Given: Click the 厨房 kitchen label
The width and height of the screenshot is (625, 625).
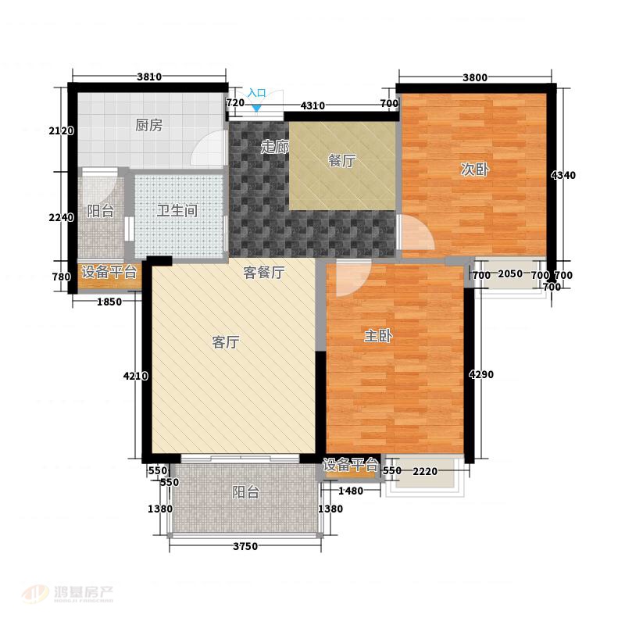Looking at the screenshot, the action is (x=148, y=125).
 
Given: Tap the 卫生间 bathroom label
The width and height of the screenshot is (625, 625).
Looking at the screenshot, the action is (x=177, y=210).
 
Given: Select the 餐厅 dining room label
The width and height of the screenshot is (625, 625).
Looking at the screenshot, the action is (x=341, y=161).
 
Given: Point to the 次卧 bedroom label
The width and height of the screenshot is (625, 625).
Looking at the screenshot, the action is (x=474, y=170).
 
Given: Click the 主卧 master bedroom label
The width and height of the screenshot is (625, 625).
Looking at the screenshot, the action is (x=378, y=336).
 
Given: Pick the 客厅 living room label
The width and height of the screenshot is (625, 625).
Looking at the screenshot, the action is (x=226, y=342).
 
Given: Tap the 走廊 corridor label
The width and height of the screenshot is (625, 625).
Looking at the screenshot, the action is (x=275, y=147).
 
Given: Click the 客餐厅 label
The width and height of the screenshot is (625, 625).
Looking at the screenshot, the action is (x=264, y=273).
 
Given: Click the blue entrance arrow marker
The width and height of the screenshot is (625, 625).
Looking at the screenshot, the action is (x=257, y=107).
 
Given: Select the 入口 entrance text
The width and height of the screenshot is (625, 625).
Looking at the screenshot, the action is (x=257, y=93).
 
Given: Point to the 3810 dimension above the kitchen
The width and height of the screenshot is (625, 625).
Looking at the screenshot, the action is (x=149, y=77).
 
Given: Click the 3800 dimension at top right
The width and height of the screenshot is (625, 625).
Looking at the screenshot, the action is (x=475, y=77).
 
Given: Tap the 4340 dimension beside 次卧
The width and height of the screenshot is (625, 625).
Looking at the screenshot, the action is (x=563, y=175).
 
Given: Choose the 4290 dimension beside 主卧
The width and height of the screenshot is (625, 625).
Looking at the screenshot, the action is (x=481, y=374).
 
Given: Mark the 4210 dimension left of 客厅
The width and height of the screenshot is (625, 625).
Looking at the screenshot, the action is (x=135, y=376).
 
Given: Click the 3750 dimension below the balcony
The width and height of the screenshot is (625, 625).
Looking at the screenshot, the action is (x=245, y=546).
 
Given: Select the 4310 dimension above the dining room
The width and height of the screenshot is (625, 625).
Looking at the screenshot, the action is (x=312, y=105).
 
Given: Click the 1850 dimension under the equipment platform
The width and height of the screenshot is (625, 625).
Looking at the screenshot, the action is (x=109, y=302).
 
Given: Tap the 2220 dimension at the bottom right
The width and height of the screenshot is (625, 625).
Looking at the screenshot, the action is (x=425, y=472).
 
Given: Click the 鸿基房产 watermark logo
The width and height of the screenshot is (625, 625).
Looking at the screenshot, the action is (x=69, y=595).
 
